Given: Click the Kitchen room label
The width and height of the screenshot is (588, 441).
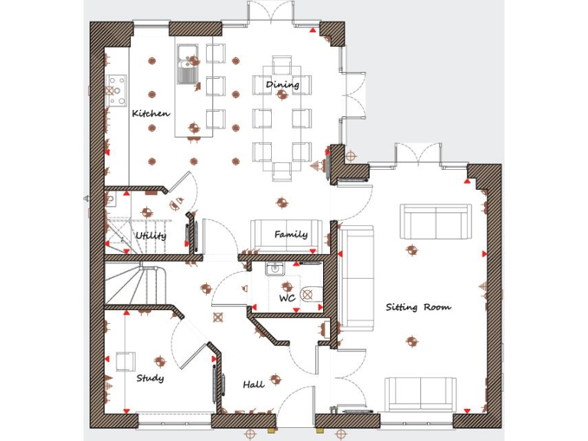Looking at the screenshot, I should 151,113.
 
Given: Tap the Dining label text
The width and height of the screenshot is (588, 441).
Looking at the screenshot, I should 283,84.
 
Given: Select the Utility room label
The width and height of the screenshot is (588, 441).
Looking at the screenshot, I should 151,236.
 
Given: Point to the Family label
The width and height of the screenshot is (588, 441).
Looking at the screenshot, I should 291,234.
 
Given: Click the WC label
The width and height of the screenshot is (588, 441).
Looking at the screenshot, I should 287,298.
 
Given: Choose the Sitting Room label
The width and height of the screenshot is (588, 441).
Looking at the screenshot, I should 418,307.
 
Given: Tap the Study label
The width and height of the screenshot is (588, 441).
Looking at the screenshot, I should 150,378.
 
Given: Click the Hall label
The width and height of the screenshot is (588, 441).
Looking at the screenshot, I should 253,384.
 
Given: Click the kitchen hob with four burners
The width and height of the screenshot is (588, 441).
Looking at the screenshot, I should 117,90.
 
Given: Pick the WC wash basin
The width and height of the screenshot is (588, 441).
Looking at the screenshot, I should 275,269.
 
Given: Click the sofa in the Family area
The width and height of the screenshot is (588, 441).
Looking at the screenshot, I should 280,234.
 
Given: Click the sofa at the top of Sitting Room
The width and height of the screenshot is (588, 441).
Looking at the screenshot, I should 436,221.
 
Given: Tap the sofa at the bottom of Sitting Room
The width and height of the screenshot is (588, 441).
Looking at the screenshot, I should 420,395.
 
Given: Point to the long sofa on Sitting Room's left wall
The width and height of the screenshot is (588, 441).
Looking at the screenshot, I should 357,276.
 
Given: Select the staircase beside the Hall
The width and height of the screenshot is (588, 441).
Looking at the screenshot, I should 136,284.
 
